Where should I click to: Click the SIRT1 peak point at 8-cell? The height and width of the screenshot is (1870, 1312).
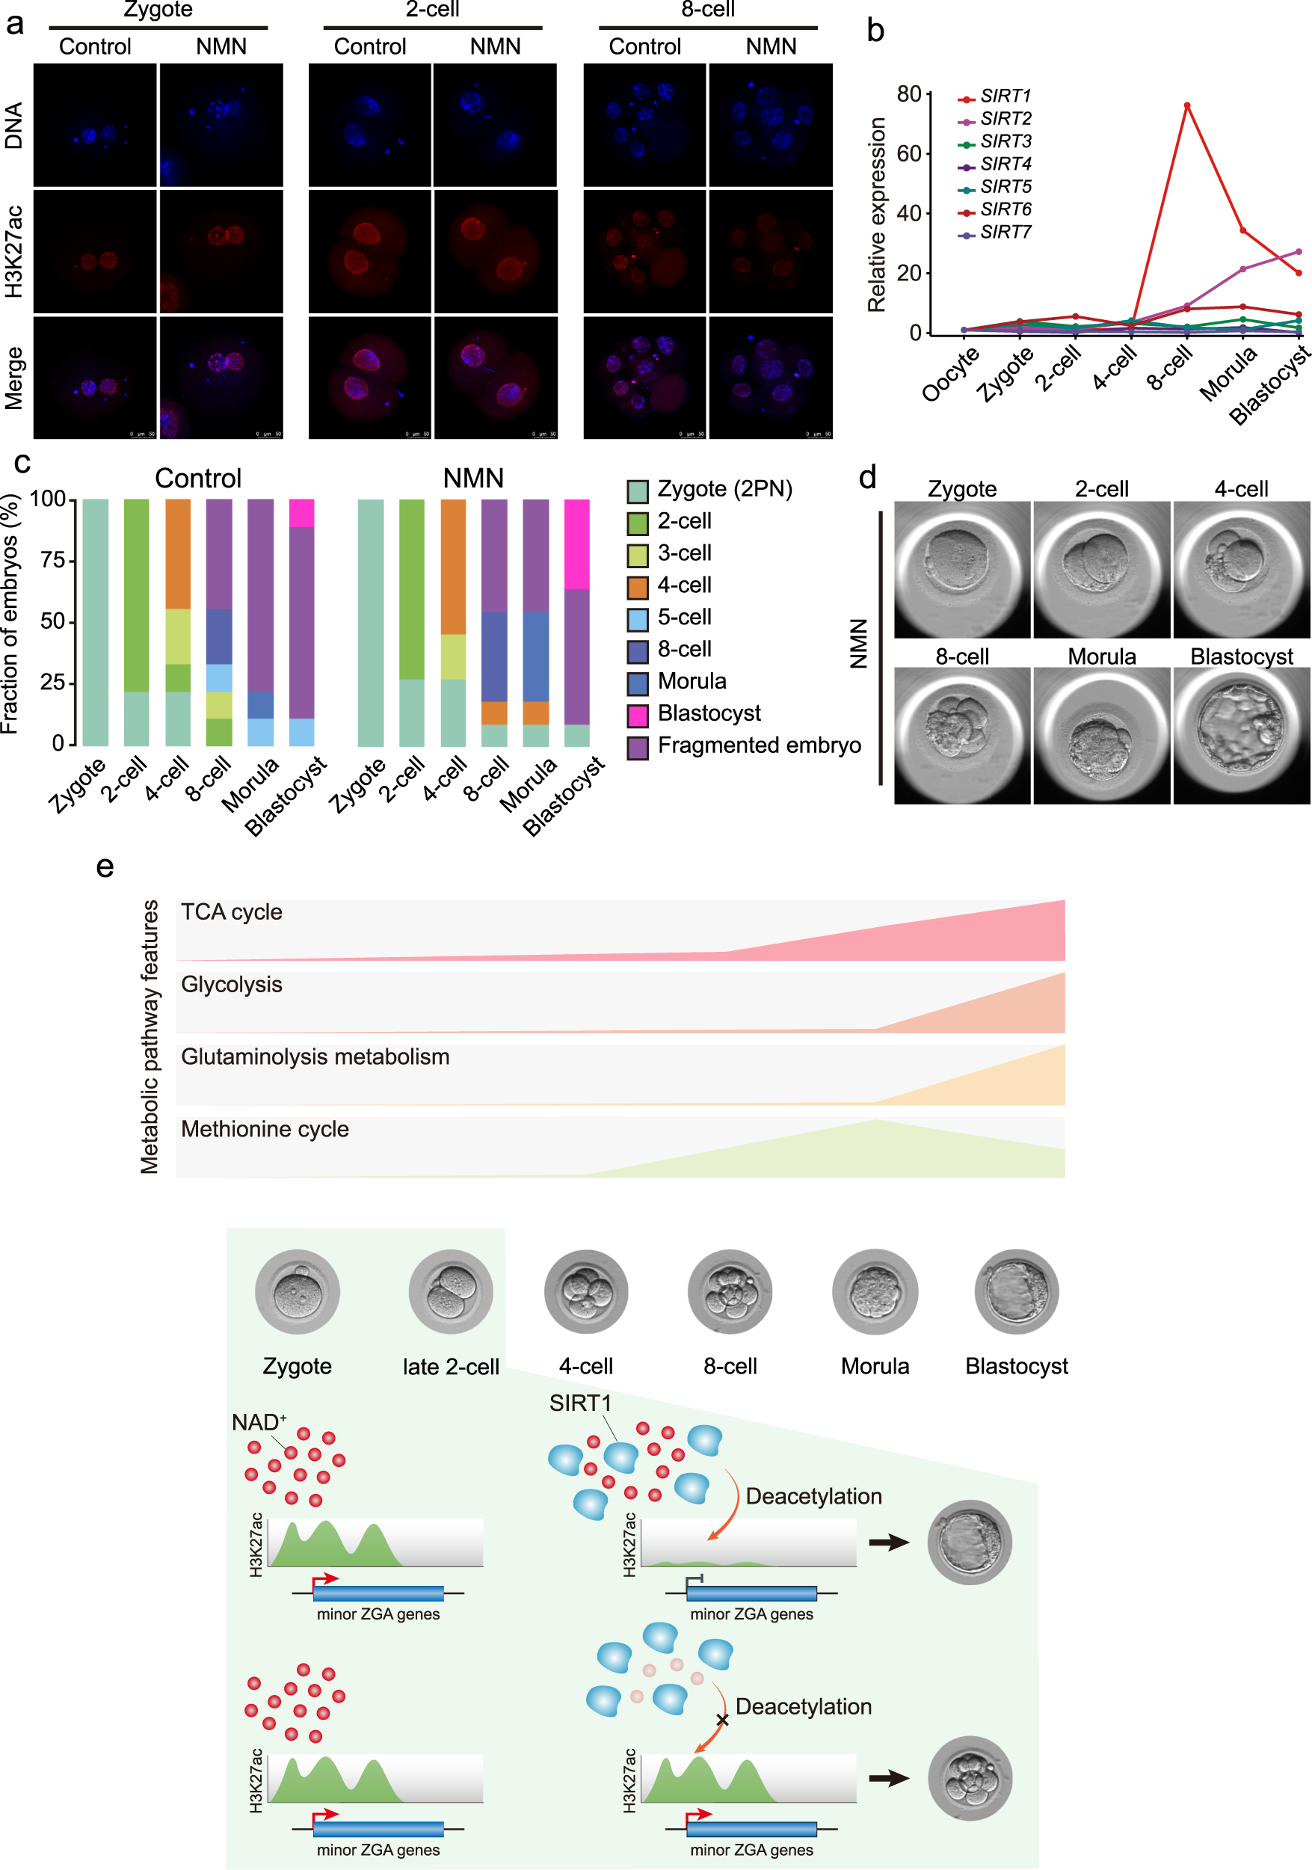pyautogui.click(x=1186, y=105)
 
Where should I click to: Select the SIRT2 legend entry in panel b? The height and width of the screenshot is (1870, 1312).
pyautogui.click(x=1005, y=119)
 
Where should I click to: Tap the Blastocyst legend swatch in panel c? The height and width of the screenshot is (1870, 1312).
pyautogui.click(x=637, y=714)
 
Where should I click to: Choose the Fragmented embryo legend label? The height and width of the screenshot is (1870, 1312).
pyautogui.click(x=758, y=745)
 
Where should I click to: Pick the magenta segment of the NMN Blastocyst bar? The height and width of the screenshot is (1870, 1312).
pyautogui.click(x=576, y=544)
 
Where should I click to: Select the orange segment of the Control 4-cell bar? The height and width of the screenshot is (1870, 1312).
pyautogui.click(x=177, y=554)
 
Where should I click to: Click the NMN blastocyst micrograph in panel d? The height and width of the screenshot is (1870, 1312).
pyautogui.click(x=1241, y=735)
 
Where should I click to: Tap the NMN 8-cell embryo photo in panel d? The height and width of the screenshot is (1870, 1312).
pyautogui.click(x=962, y=735)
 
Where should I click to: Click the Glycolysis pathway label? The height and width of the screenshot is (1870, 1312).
pyautogui.click(x=231, y=984)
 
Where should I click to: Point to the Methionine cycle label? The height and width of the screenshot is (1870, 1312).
pyautogui.click(x=265, y=1129)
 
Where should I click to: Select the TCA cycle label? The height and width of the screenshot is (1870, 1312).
pyautogui.click(x=231, y=911)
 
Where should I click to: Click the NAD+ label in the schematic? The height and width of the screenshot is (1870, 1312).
pyautogui.click(x=258, y=1422)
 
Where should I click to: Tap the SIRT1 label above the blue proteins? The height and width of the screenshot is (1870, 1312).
pyautogui.click(x=580, y=1403)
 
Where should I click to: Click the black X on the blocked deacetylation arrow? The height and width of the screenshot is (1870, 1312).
pyautogui.click(x=721, y=1720)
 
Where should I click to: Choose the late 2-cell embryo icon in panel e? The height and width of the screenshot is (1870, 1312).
pyautogui.click(x=450, y=1292)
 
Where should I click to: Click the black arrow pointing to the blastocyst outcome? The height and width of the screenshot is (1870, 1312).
pyautogui.click(x=889, y=1542)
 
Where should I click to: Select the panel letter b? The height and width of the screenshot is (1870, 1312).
pyautogui.click(x=875, y=31)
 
